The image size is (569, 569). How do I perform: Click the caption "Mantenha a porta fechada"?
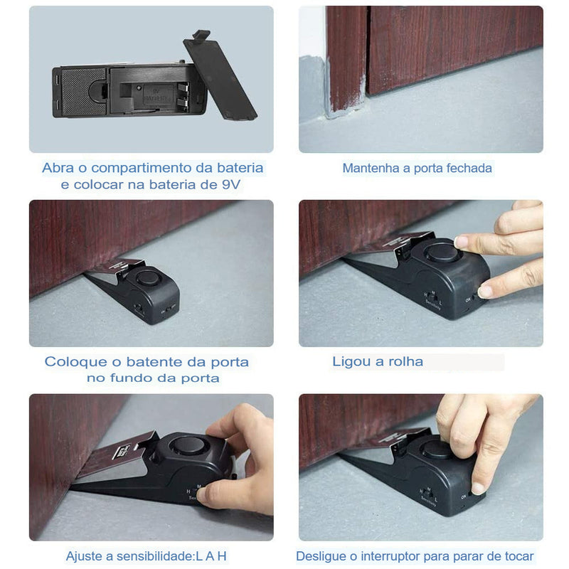click(x=417, y=169)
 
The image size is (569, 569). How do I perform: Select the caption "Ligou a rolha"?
click(x=378, y=361)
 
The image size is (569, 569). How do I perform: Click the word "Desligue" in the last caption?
click(x=321, y=556)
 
